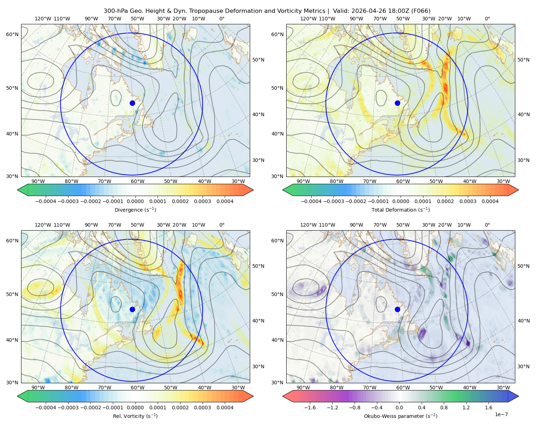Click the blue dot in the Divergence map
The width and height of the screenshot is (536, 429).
coord(132,103)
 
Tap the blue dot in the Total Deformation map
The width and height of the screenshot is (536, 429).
coord(397,103)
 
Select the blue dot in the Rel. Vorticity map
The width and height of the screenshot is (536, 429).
coord(132,309)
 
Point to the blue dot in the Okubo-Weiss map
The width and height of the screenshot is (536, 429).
coord(397,309)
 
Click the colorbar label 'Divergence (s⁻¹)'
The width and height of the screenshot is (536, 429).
coord(135,209)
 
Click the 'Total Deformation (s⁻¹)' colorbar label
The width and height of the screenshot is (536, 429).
coord(401,209)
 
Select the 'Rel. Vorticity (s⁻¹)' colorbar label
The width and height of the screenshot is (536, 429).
coord(135,416)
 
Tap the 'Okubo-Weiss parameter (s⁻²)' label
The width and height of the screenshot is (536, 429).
coord(401,416)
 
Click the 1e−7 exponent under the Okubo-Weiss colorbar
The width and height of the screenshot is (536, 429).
coord(501,414)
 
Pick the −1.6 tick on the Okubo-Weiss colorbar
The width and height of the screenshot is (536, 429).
coord(310,407)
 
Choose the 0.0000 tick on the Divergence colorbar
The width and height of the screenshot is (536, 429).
coord(135,201)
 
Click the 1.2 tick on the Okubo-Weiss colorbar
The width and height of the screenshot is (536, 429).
coord(466,407)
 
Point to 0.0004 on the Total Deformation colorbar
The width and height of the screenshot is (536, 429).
coord(490,201)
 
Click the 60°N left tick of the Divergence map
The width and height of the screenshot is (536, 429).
coord(12,34)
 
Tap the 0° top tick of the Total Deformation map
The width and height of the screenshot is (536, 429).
coord(487,19)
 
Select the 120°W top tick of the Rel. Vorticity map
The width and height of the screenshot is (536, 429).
coord(43,225)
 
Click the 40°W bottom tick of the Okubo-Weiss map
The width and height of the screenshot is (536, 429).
coord(470,388)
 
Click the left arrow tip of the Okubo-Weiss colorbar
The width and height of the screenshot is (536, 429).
coord(283,396)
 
